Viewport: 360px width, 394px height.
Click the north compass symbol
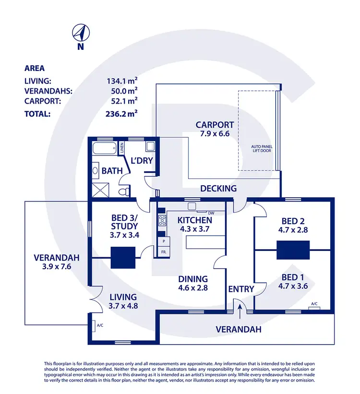(81, 33)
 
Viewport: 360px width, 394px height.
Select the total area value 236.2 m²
(121, 114)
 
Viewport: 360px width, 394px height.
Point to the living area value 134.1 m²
(121, 82)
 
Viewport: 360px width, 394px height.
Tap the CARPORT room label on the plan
(215, 125)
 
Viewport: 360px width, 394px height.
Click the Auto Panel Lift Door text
(259, 148)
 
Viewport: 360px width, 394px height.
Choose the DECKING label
(218, 189)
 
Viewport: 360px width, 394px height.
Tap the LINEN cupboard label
(122, 148)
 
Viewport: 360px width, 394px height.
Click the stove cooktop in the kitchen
(162, 221)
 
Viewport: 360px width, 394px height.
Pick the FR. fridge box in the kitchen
(163, 251)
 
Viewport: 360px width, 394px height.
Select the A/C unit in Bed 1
(314, 305)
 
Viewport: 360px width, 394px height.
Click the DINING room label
(193, 279)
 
